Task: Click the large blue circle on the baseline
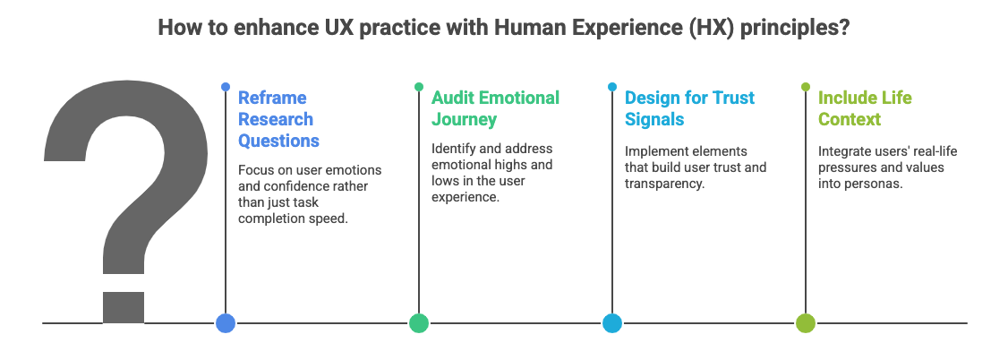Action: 226,323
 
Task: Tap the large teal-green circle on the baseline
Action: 419,323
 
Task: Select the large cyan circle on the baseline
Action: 612,323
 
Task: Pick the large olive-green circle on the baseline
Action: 806,323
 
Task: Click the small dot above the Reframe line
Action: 226,87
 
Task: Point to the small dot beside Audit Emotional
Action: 419,87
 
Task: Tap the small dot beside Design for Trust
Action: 612,87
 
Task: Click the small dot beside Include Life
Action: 806,87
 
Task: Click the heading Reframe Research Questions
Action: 278,119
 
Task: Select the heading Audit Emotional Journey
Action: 495,108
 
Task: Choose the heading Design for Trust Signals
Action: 689,108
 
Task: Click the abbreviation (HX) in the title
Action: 712,28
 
